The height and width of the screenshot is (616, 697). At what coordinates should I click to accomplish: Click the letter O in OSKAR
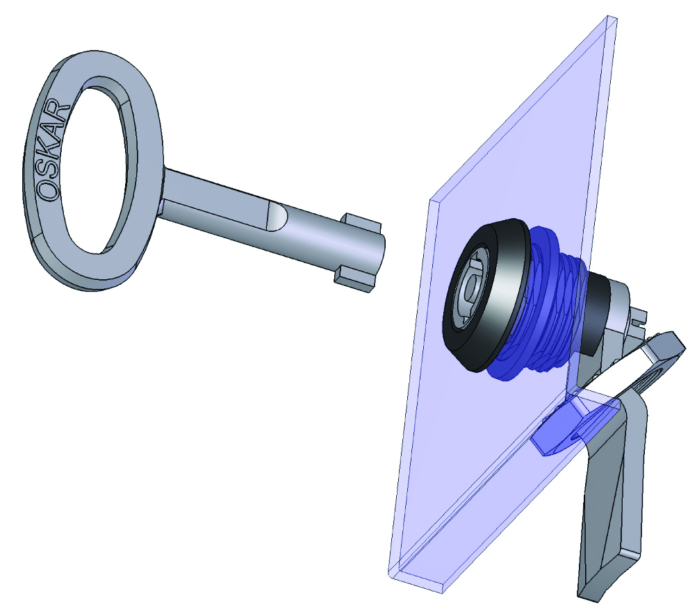pyautogui.click(x=48, y=190)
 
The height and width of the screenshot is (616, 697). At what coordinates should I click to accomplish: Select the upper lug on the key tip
pyautogui.click(x=362, y=222)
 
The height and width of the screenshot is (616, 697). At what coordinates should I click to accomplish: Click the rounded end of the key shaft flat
pyautogui.click(x=278, y=217)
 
